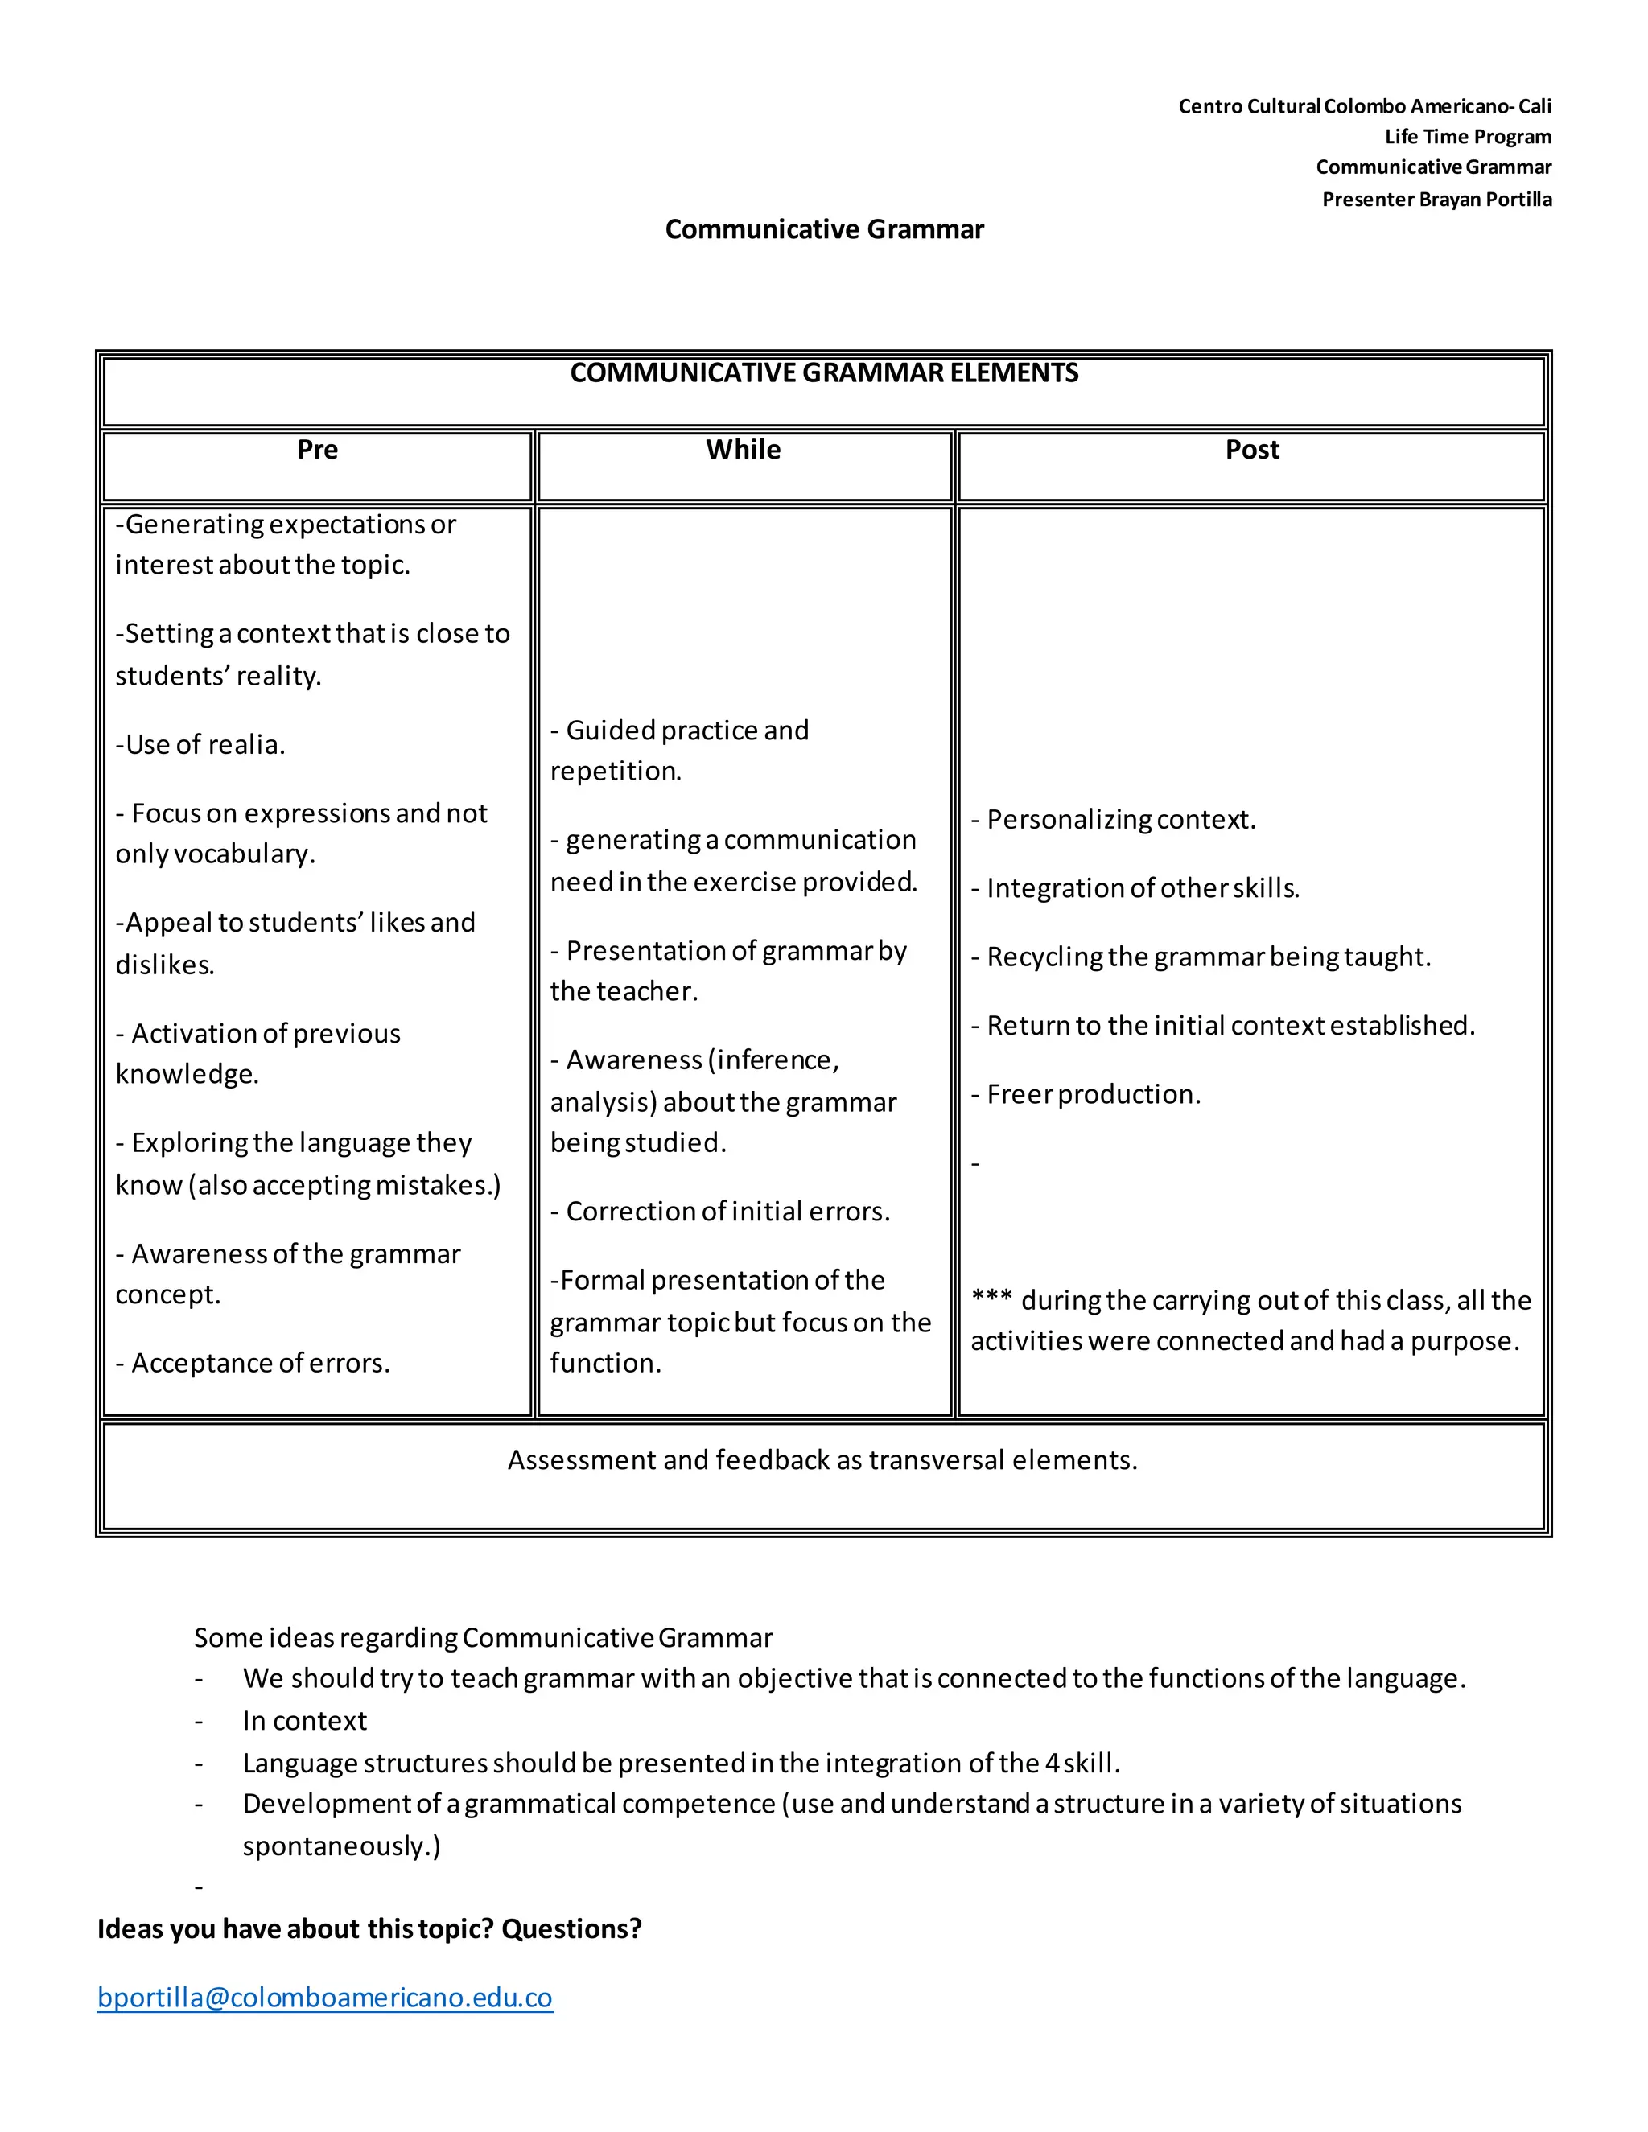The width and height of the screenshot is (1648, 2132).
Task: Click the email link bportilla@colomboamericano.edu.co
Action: tap(325, 1998)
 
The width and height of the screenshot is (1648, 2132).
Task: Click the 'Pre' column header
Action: tap(317, 450)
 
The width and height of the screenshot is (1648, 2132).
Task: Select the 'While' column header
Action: tap(743, 450)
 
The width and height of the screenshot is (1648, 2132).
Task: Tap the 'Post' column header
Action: tap(1251, 450)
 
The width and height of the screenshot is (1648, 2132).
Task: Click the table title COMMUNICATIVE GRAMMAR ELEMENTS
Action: tap(824, 374)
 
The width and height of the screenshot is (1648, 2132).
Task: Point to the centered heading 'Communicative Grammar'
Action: tap(824, 229)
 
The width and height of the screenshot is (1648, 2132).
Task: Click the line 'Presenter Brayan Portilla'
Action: tap(1436, 200)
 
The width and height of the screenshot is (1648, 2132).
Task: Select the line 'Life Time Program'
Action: tap(1468, 137)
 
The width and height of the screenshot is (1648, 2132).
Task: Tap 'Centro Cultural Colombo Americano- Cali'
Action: tap(1364, 106)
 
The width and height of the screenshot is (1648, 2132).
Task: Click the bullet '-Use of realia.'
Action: tap(201, 745)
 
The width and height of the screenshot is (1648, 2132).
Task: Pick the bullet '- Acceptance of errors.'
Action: tap(253, 1363)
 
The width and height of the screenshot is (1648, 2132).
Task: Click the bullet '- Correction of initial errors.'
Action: tap(720, 1212)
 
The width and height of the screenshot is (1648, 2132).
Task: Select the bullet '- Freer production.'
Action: tap(1086, 1094)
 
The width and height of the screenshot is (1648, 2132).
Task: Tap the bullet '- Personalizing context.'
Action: tap(1113, 820)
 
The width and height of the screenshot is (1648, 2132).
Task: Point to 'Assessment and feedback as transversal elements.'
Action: tap(822, 1460)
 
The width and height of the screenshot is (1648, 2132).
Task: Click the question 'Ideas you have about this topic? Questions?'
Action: tap(369, 1929)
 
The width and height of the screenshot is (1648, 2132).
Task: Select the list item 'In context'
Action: tap(305, 1721)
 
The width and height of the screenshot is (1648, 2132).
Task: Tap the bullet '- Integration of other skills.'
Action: tap(1135, 888)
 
